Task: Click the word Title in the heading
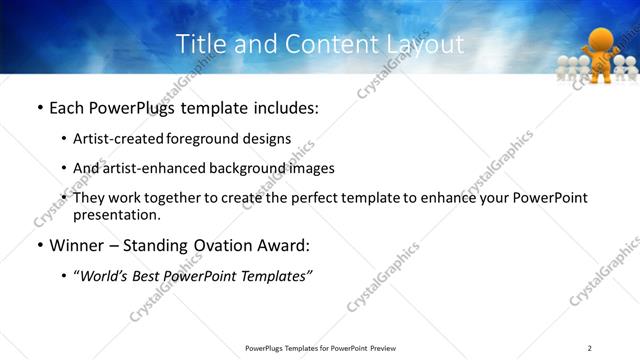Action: (x=199, y=44)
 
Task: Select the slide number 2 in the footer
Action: (x=590, y=347)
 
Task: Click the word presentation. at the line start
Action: (x=116, y=214)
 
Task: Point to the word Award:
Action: (x=283, y=245)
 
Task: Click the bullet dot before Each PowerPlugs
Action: (x=39, y=109)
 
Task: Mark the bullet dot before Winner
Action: (x=39, y=246)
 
